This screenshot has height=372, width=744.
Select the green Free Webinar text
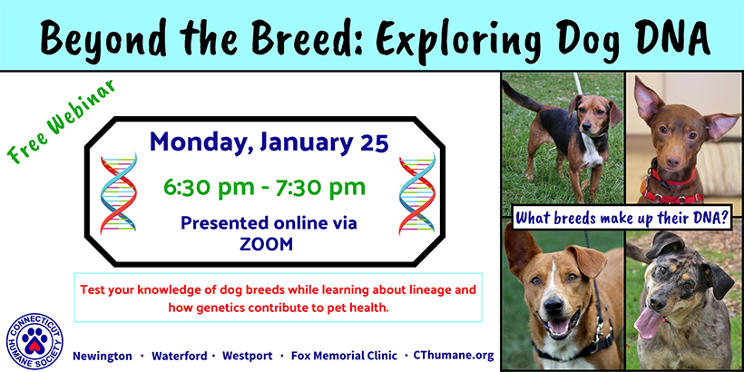62,122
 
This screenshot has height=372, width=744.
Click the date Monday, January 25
269,142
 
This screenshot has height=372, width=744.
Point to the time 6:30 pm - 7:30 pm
265,187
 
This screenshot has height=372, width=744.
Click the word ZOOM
266,243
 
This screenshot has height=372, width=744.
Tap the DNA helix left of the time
119,193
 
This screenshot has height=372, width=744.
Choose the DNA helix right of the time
417,193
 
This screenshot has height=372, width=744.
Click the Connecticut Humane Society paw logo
34,341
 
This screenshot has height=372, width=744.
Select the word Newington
102,356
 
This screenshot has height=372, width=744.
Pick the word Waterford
180,356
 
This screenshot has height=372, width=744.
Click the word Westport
247,356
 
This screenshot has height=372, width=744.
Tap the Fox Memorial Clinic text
345,356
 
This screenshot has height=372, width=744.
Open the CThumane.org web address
454,356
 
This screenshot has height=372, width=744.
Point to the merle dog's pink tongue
648,323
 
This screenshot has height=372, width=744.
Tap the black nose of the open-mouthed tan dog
553,307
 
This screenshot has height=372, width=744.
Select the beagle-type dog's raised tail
521,97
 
